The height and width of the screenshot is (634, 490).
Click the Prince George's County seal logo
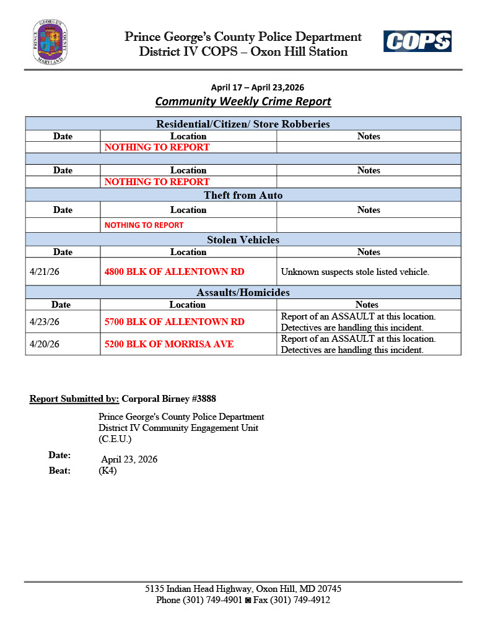point(50,42)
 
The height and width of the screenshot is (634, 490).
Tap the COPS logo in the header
point(417,41)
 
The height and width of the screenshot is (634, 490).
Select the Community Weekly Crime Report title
point(243,102)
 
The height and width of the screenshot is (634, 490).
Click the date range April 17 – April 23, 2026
point(258,87)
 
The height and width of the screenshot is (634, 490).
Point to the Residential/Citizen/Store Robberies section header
point(243,124)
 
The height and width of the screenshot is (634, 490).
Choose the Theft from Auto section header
point(243,196)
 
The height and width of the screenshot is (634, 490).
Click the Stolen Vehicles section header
point(243,240)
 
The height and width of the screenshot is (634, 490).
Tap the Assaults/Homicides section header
point(243,292)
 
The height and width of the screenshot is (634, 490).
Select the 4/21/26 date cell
point(45,271)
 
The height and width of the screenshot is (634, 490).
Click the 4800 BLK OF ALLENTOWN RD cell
point(174,271)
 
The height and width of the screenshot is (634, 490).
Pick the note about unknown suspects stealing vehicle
point(355,271)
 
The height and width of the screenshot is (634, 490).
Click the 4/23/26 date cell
point(45,321)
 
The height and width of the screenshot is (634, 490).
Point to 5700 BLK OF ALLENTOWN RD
point(174,321)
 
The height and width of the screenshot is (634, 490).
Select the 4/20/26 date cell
point(45,344)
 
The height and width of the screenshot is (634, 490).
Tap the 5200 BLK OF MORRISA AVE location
point(168,344)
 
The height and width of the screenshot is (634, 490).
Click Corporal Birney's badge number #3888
point(204,399)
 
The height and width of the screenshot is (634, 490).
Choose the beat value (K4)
point(107,471)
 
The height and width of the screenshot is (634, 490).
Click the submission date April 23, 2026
point(129,459)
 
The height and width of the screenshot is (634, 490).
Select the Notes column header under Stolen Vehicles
point(369,252)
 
